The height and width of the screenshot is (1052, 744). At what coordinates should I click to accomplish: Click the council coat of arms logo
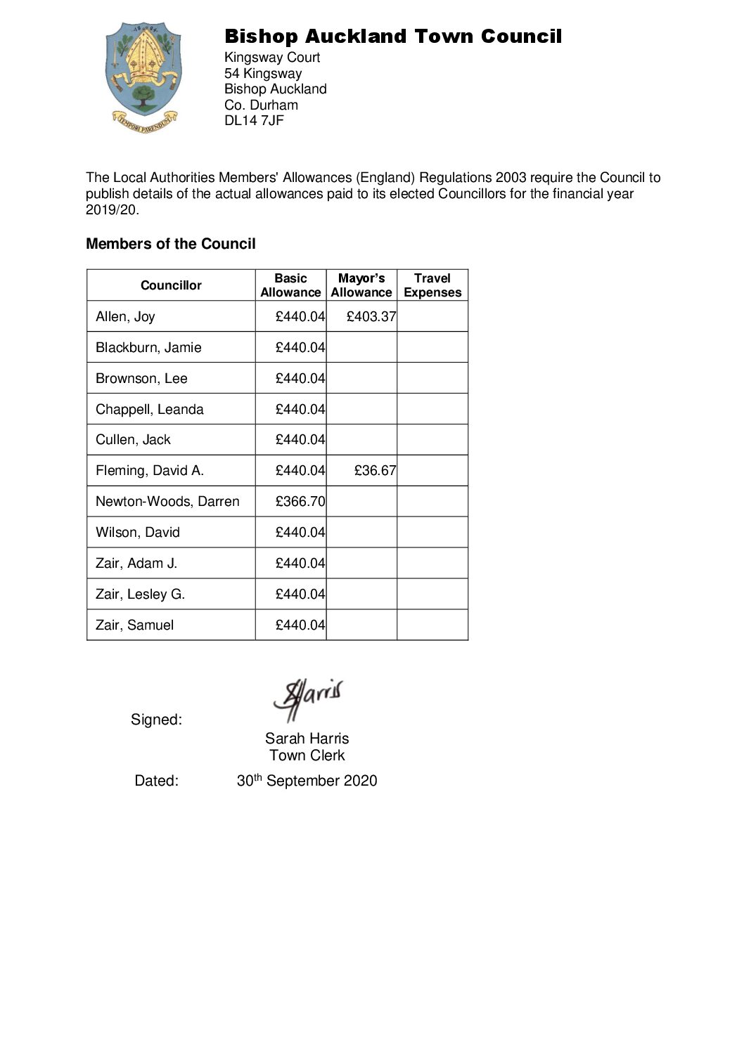point(144,77)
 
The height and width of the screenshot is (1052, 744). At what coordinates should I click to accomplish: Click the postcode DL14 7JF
point(254,120)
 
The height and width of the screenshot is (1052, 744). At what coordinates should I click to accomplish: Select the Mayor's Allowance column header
point(361,285)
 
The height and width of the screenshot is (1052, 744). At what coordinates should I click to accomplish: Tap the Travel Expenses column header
point(432,285)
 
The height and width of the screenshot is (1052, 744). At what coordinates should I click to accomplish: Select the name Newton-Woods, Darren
point(167,502)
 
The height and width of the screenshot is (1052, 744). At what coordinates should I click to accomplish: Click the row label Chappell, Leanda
point(150,410)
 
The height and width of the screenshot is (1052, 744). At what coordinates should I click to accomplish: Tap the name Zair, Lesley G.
point(140,595)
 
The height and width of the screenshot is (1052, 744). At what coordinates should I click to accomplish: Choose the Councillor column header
point(171,285)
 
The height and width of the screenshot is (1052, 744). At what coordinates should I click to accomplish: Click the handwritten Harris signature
point(308,698)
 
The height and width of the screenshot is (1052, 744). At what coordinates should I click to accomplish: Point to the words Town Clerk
point(307,755)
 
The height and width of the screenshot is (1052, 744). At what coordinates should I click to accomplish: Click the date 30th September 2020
point(307,781)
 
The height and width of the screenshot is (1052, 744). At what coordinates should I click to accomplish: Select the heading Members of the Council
point(171,244)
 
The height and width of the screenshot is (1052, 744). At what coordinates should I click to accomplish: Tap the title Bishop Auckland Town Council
point(393,37)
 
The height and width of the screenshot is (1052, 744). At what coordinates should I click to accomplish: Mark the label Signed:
point(156,720)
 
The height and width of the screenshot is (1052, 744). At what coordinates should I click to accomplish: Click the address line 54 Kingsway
point(263,73)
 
